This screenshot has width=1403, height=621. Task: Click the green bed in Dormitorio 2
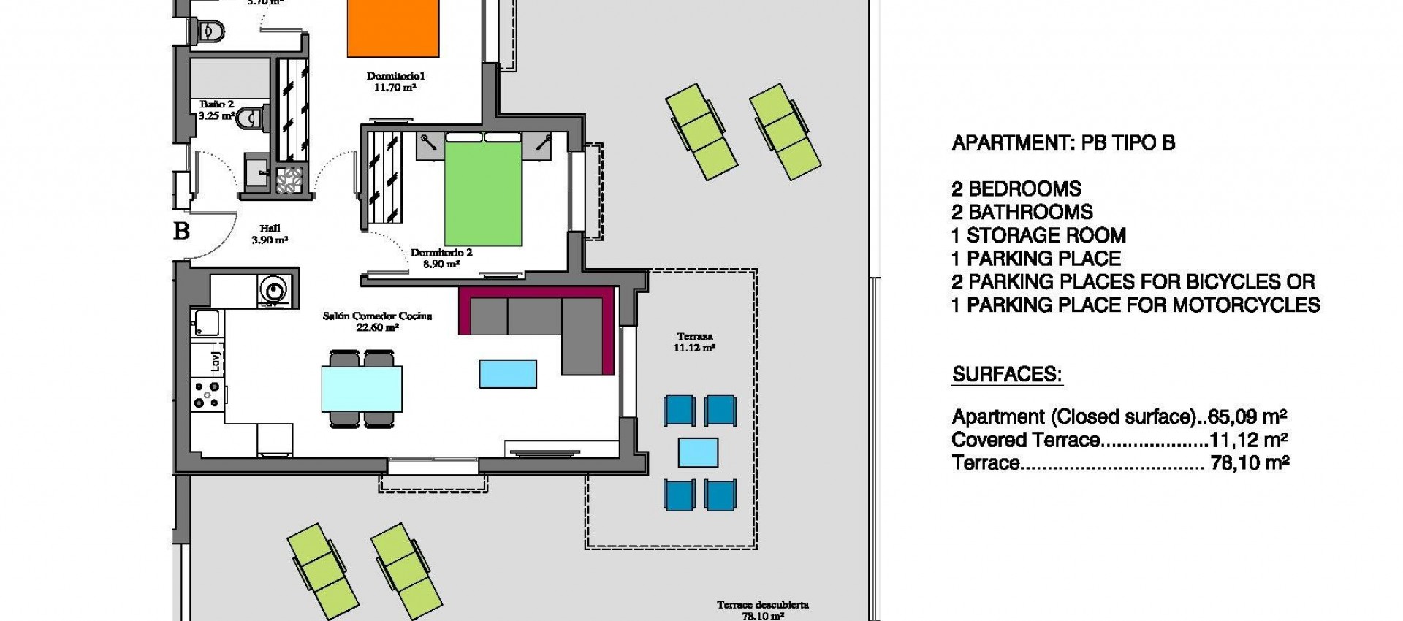(x=483, y=194)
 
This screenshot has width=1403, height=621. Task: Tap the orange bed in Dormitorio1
(x=393, y=28)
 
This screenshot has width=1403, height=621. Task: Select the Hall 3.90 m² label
(x=270, y=234)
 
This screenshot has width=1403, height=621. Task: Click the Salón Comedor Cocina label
(x=377, y=321)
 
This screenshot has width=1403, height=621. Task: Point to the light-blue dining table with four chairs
(x=362, y=389)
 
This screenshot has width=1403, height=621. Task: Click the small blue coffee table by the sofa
(x=508, y=373)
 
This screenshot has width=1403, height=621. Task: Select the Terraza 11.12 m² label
(x=694, y=342)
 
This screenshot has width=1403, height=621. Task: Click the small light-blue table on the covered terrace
(x=698, y=452)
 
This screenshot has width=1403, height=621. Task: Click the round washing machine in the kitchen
(x=273, y=290)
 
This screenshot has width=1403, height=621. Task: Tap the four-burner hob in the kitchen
(x=207, y=395)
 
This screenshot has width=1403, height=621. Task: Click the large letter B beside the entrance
(x=181, y=231)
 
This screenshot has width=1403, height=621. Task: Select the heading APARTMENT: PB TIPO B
(x=1063, y=143)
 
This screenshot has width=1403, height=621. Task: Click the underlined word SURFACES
(x=1006, y=375)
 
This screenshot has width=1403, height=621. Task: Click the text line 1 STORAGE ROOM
(x=1038, y=235)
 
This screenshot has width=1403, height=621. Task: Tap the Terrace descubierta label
(x=762, y=605)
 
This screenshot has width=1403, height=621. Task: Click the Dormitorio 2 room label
(x=441, y=253)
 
